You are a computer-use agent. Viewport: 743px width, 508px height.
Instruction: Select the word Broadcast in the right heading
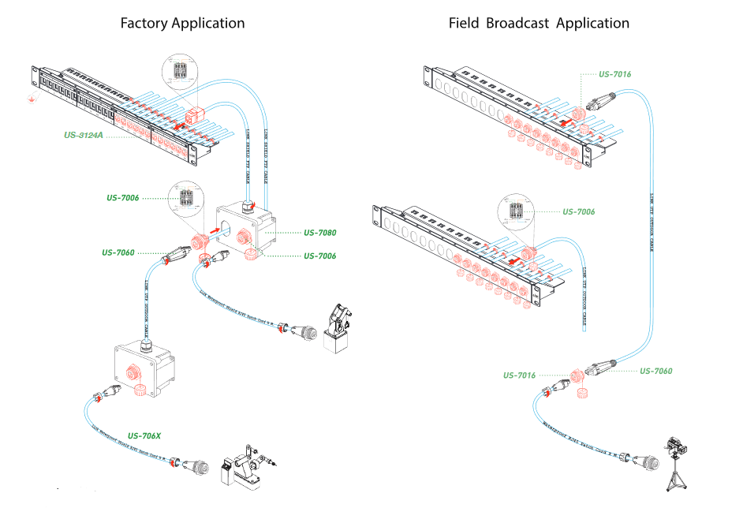point(517,23)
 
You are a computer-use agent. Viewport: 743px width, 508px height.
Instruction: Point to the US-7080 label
point(319,233)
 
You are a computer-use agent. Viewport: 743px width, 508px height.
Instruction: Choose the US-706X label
point(144,435)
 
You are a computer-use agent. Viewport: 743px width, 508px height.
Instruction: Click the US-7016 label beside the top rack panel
point(614,74)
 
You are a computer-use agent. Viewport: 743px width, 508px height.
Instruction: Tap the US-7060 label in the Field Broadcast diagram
point(655,371)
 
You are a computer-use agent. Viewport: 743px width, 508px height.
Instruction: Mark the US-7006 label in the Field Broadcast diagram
point(578,211)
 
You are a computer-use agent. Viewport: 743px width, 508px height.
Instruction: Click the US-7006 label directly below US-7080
point(319,256)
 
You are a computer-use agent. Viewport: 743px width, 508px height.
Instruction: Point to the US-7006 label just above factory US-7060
point(123,197)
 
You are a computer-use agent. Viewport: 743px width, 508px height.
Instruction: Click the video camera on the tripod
point(676,447)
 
